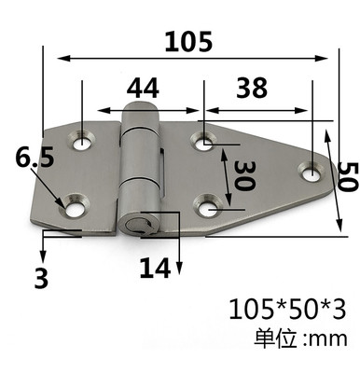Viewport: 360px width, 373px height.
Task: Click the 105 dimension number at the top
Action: pyautogui.click(x=188, y=41)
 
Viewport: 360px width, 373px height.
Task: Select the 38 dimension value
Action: pyautogui.click(x=252, y=88)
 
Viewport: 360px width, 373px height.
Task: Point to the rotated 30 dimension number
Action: pyautogui.click(x=244, y=175)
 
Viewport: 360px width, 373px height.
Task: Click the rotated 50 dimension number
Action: pyautogui.click(x=346, y=176)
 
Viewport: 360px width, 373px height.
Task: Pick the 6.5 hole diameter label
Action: pyautogui.click(x=35, y=157)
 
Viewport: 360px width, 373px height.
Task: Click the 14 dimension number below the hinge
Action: pyautogui.click(x=155, y=268)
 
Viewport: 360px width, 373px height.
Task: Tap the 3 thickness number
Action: pyautogui.click(x=41, y=278)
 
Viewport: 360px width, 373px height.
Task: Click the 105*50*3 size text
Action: pyautogui.click(x=287, y=310)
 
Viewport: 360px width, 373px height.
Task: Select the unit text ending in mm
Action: pyautogui.click(x=300, y=338)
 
